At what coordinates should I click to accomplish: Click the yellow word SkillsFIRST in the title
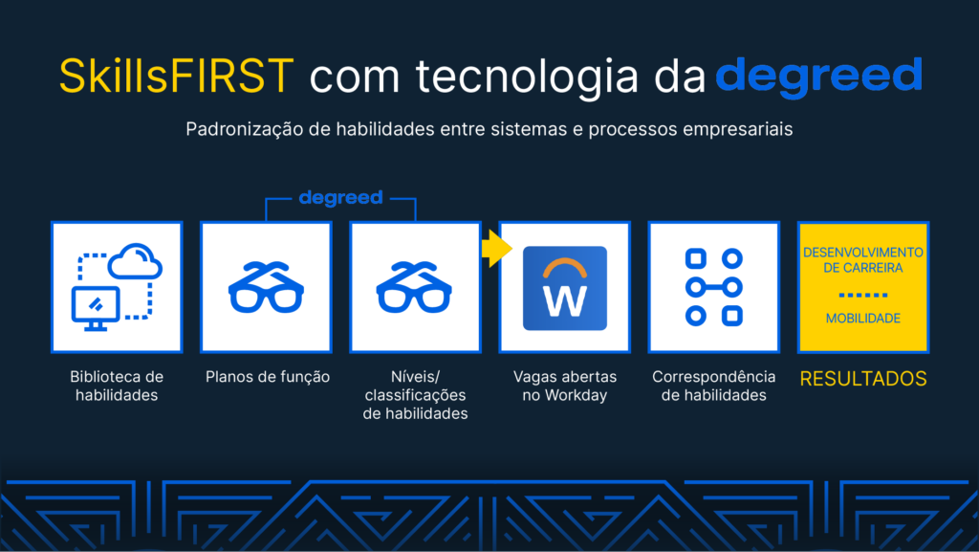click(176, 76)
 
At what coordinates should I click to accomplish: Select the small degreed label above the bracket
click(341, 199)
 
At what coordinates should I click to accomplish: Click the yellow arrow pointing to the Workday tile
click(497, 249)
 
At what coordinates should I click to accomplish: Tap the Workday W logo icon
click(565, 288)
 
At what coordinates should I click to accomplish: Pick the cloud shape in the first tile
click(135, 260)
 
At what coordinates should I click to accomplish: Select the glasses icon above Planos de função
click(266, 287)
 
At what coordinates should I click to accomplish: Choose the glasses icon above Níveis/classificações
click(414, 287)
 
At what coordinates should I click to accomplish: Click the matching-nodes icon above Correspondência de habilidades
click(714, 287)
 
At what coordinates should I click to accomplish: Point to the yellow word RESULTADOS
click(863, 379)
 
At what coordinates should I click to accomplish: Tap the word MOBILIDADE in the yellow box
click(863, 319)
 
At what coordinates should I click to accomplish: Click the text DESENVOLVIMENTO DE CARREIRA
click(863, 260)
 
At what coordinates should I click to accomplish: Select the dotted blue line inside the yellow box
click(863, 295)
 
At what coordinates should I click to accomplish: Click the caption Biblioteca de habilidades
click(117, 386)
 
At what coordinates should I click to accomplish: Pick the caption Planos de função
click(268, 377)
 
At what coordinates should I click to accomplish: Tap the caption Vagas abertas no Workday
click(565, 386)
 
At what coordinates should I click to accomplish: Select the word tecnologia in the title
click(528, 77)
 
